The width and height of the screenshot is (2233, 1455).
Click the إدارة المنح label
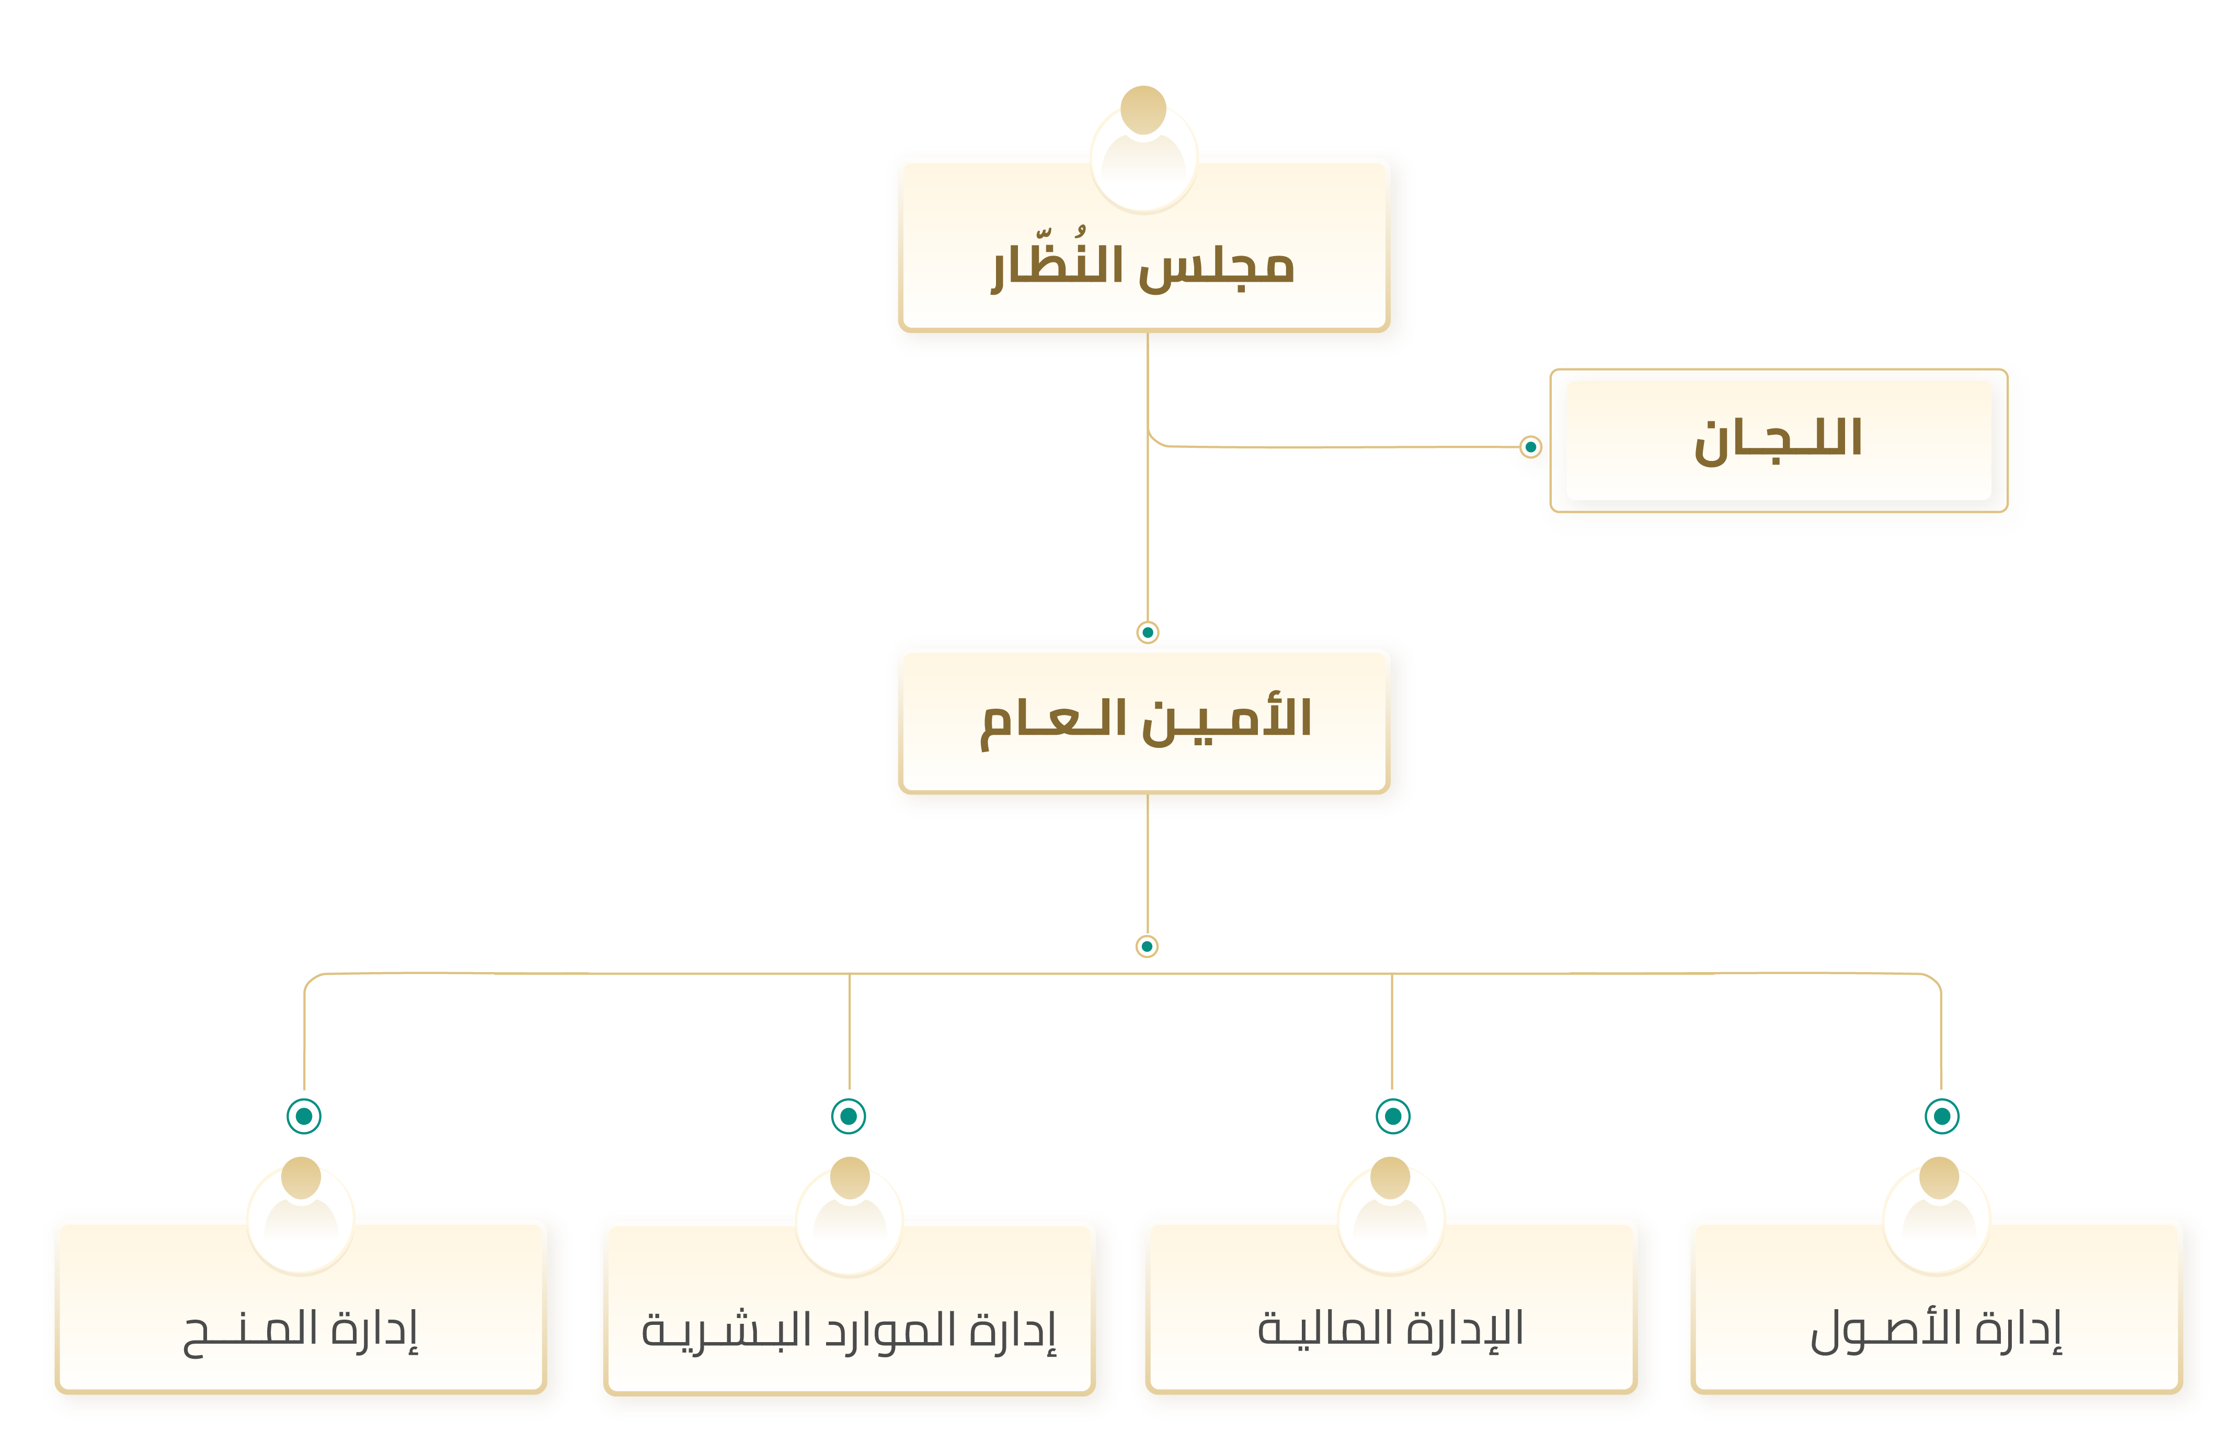click(300, 1330)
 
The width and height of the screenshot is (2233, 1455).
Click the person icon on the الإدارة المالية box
click(1391, 1214)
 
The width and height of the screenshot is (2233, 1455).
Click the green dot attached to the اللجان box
click(1530, 446)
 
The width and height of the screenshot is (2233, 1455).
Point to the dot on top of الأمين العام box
click(1148, 632)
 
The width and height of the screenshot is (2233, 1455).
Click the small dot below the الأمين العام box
click(1147, 945)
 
